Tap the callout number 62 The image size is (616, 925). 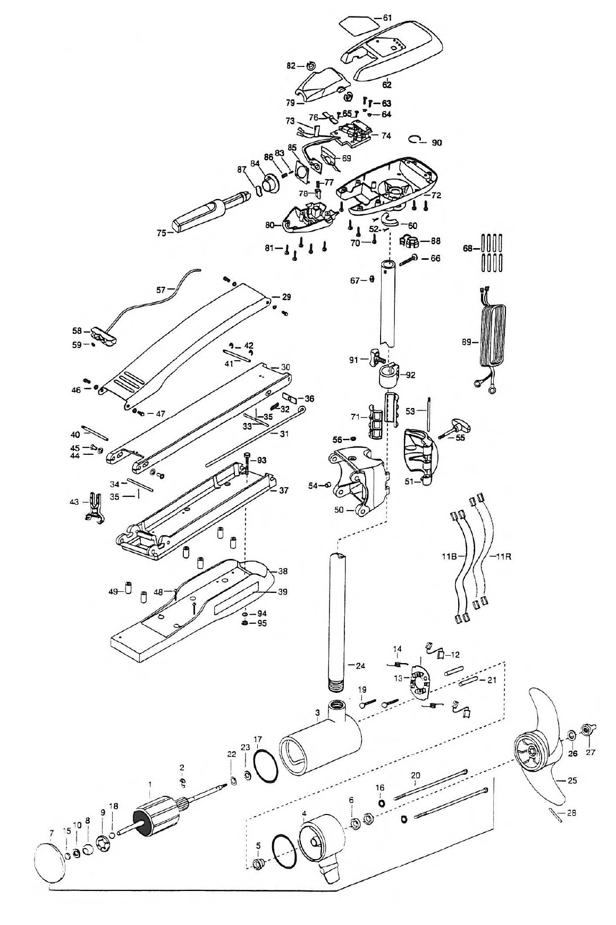[x=386, y=84]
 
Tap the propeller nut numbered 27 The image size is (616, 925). [x=588, y=729]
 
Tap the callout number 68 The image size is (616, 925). [x=468, y=248]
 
